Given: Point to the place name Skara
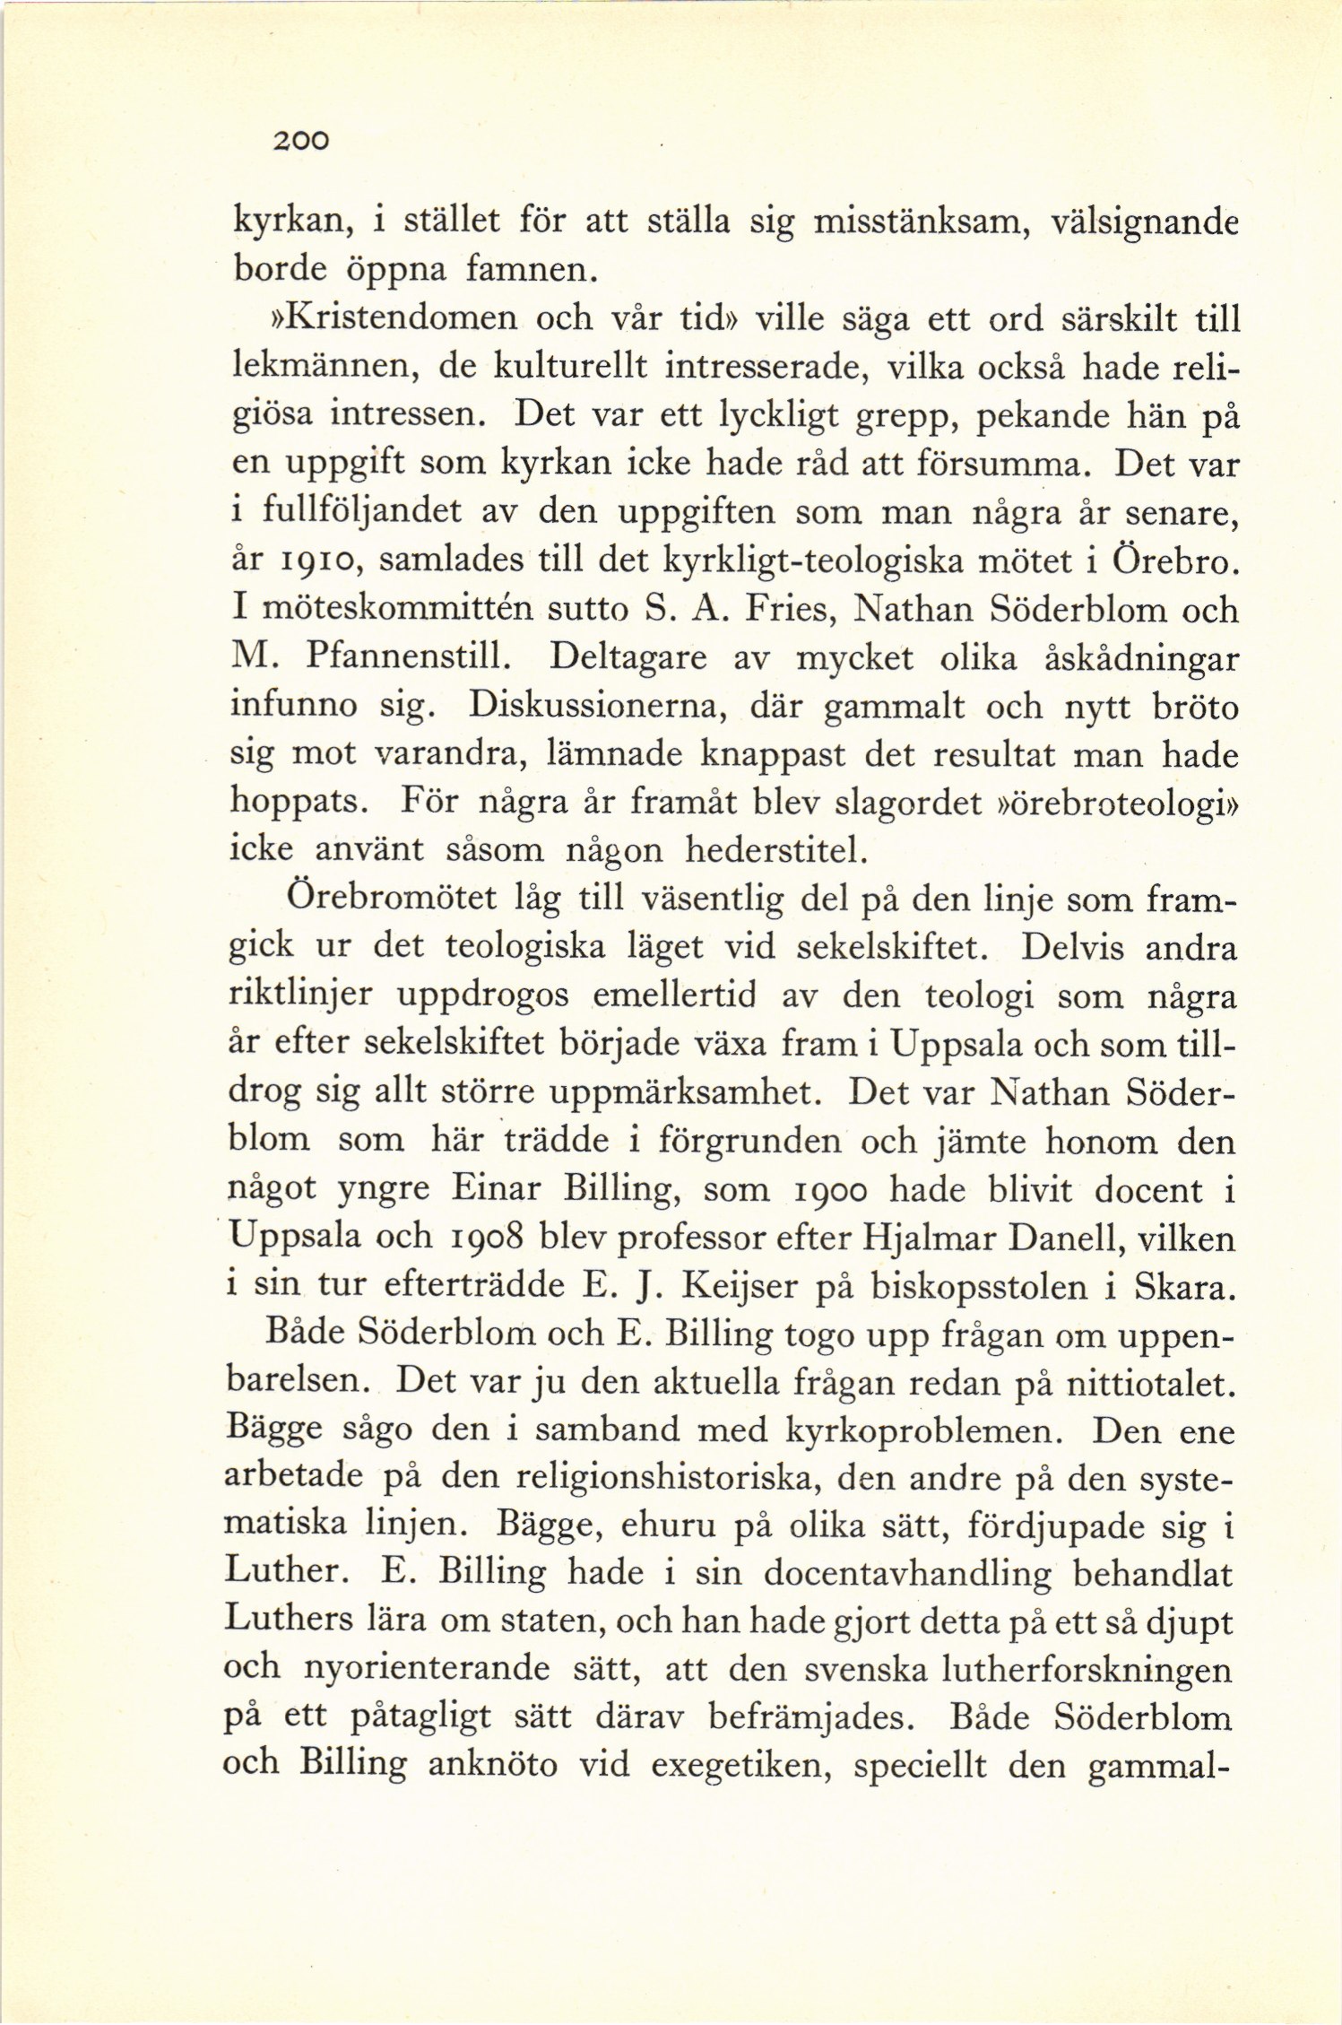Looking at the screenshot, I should pyautogui.click(x=1184, y=1287).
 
